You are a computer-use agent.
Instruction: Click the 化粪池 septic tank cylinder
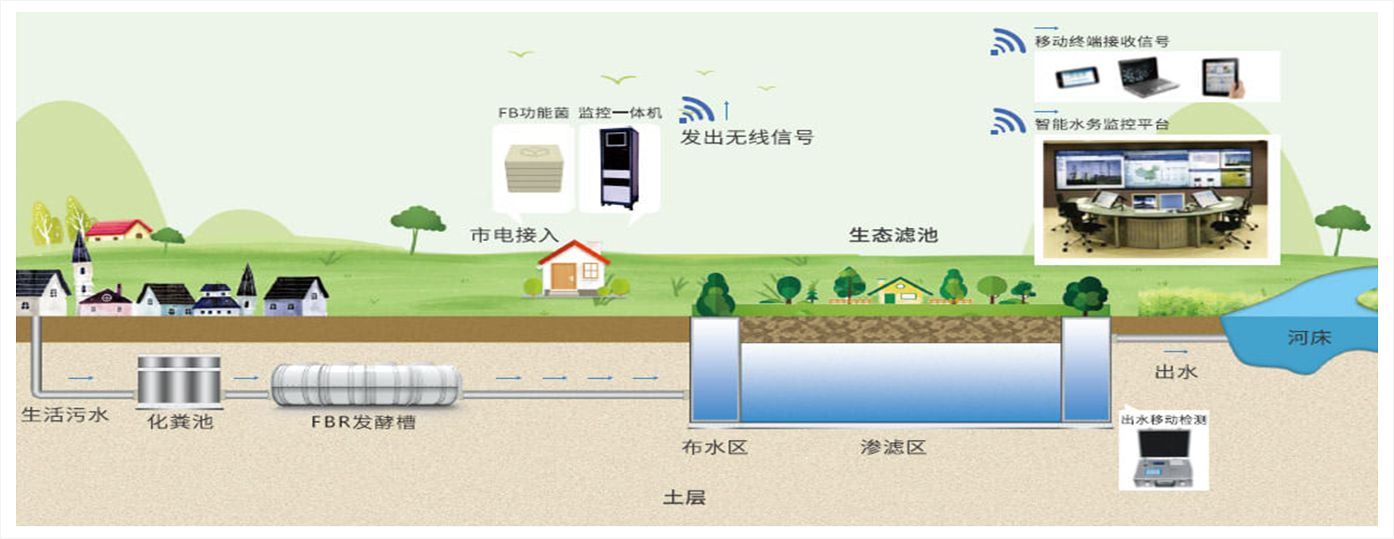[179, 381]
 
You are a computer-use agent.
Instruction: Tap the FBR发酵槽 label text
[364, 422]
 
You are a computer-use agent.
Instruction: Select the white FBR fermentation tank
[366, 386]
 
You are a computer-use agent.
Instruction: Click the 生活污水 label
[64, 414]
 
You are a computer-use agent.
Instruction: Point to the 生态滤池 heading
[894, 235]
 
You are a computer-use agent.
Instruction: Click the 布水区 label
[715, 448]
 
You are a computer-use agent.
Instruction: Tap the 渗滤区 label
[894, 448]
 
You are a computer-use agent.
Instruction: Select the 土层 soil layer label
[684, 498]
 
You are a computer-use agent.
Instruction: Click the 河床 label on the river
[1309, 338]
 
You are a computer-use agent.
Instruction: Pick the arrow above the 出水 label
[1175, 351]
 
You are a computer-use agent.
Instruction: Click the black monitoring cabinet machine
[618, 167]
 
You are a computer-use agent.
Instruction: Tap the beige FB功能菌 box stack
[534, 168]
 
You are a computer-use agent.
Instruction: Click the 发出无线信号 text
[747, 138]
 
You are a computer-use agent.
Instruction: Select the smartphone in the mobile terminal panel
[1077, 77]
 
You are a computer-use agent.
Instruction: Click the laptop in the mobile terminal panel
[1148, 78]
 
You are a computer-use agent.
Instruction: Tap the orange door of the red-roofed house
[563, 277]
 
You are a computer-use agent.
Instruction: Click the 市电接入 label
[514, 235]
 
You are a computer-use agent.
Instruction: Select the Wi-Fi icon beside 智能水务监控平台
[1007, 122]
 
